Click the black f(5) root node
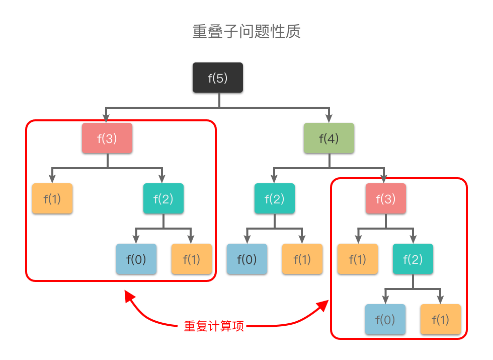218,78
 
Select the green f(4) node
329,138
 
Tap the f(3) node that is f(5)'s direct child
107,138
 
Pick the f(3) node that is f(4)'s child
385,198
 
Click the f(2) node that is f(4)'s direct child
274,198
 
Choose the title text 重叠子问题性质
247,32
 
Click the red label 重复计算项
214,326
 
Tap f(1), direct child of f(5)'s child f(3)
52,198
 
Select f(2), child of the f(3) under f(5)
163,198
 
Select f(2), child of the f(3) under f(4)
413,259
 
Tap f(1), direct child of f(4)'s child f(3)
357,259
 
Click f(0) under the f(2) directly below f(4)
247,259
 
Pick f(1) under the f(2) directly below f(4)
302,259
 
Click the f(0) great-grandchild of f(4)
385,319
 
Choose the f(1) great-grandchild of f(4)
440,319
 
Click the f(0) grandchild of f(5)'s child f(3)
136,259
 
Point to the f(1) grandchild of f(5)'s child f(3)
191,259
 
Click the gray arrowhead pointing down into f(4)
329,119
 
